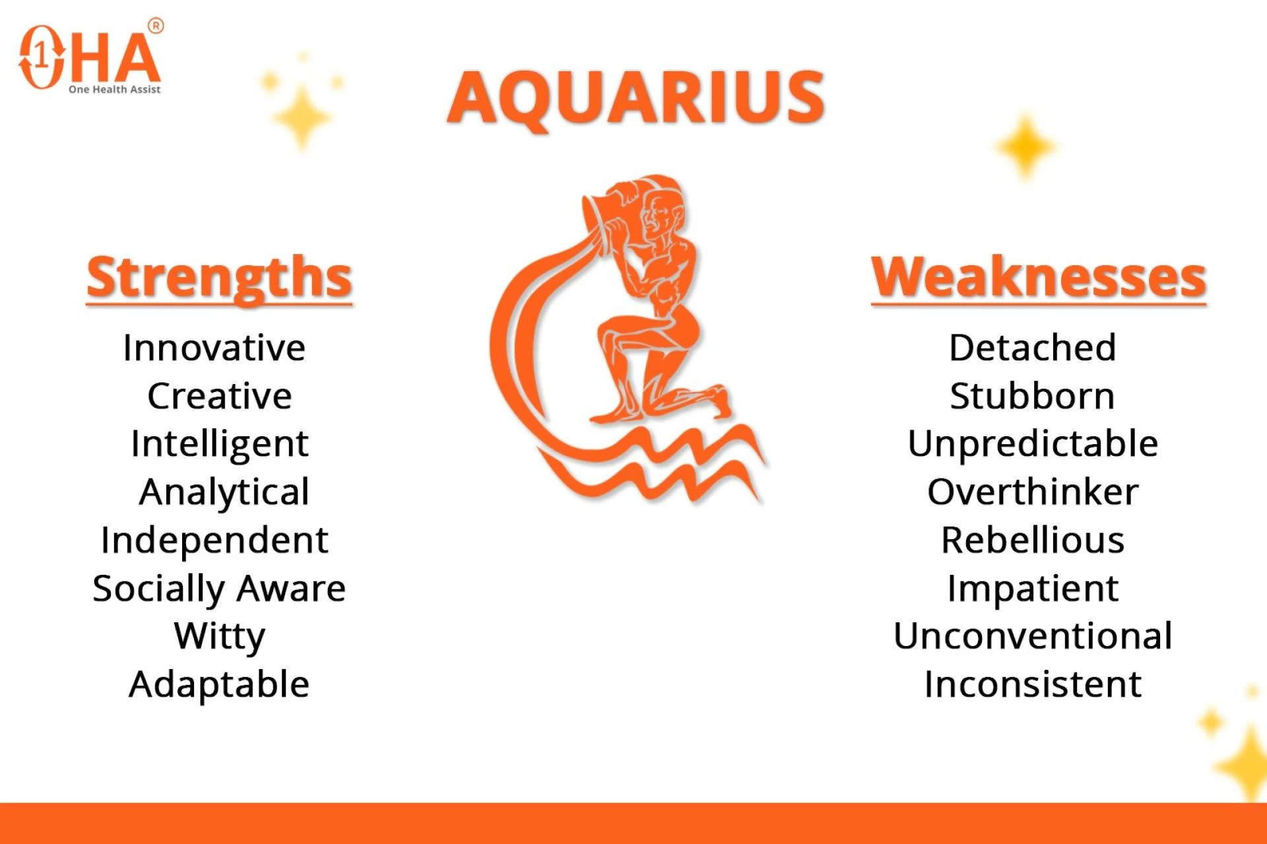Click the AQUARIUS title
[635, 98]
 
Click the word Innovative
[214, 348]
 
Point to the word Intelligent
[219, 444]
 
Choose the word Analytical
[224, 492]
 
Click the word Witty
[219, 637]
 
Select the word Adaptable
[219, 684]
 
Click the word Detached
[1033, 348]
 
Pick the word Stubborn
[1033, 396]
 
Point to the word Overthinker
[1033, 492]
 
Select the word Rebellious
[1033, 540]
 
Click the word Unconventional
[1033, 637]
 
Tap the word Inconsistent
[1033, 684]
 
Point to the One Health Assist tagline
[114, 90]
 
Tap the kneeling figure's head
[663, 211]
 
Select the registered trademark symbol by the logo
[156, 26]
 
